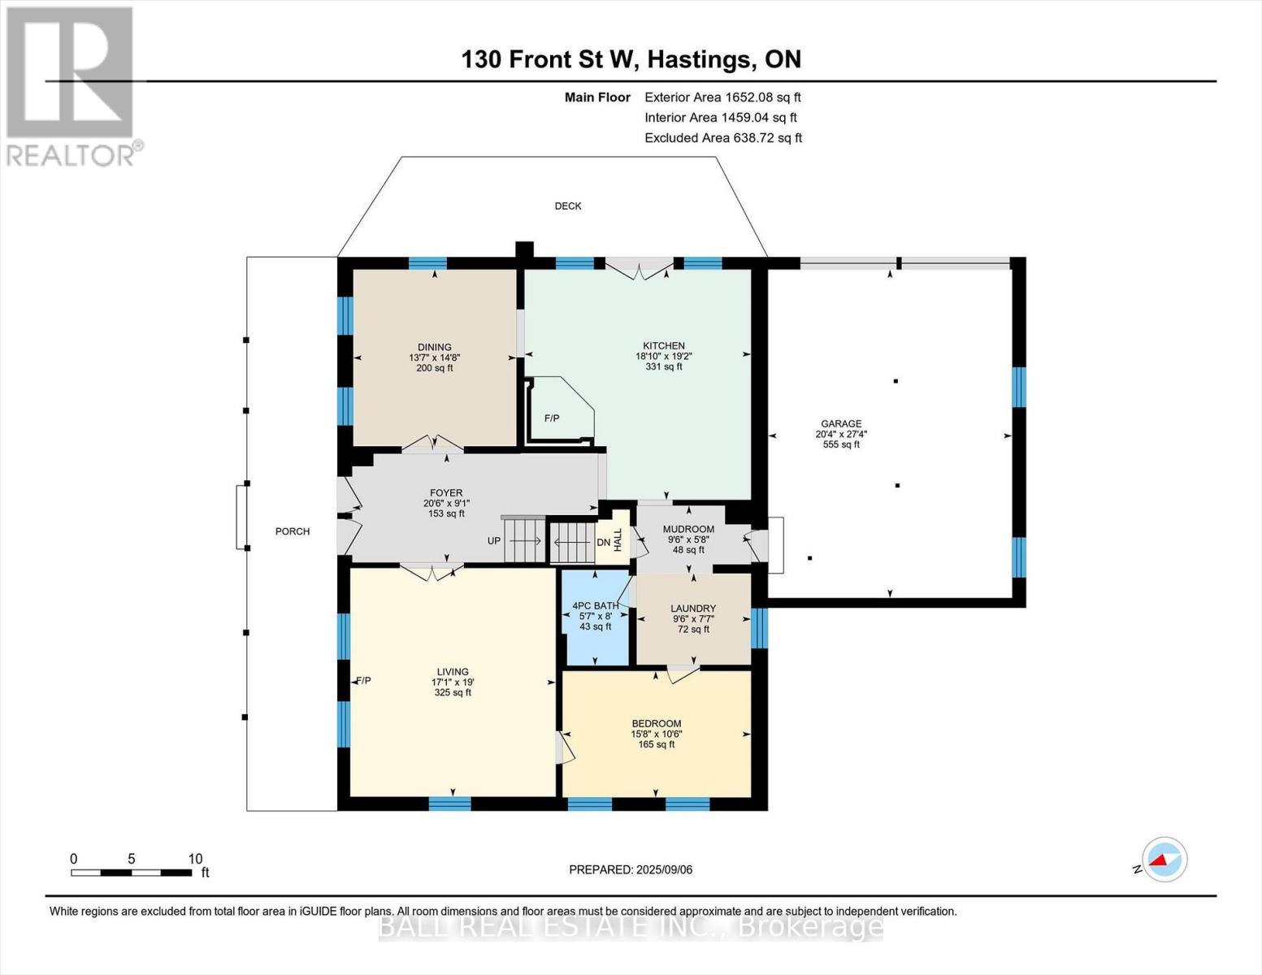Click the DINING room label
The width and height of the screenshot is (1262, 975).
tap(435, 347)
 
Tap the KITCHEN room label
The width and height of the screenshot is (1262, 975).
tap(664, 345)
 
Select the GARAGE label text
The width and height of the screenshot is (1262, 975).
tap(841, 423)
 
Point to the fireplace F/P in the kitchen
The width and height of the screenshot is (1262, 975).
tap(553, 418)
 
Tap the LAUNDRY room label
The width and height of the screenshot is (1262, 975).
tap(693, 608)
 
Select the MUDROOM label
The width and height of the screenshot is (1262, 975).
tap(688, 529)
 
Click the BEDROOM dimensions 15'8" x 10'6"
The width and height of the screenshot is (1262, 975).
tap(657, 734)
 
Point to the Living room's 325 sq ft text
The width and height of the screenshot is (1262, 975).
tap(453, 692)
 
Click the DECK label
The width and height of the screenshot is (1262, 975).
tap(568, 206)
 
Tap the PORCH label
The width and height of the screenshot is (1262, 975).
tap(293, 531)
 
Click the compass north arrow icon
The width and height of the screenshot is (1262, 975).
tap(1164, 859)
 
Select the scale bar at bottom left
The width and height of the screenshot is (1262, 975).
tap(131, 873)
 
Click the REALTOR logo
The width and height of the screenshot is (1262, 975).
tap(71, 85)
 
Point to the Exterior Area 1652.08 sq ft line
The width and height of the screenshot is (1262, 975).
tap(722, 97)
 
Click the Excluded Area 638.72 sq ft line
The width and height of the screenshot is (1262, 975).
tap(722, 137)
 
